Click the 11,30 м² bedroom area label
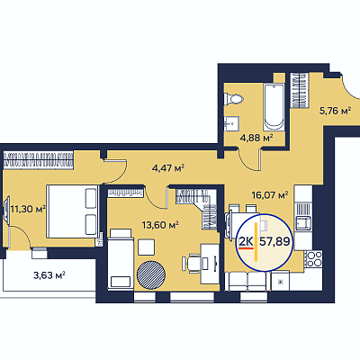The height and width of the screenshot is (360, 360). tap(28, 208)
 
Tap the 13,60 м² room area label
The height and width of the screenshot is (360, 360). tap(160, 224)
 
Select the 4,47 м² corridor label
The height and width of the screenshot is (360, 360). tap(168, 167)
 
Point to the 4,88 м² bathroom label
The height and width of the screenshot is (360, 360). tap(256, 139)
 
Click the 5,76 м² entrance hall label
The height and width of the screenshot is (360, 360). tap(335, 111)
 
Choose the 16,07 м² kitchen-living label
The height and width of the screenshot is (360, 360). tap(270, 195)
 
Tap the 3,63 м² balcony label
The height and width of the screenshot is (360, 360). tap(49, 274)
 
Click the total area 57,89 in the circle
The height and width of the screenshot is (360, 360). tap(274, 241)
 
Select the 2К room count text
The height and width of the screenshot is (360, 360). tap(246, 241)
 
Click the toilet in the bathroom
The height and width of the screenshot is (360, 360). tap(234, 99)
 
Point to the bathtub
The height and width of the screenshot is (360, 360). tap(274, 107)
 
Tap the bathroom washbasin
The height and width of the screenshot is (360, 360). tap(231, 123)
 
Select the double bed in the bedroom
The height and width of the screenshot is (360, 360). tap(72, 211)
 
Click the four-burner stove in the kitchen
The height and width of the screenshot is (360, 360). tap(313, 258)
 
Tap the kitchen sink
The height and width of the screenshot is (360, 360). tap(303, 222)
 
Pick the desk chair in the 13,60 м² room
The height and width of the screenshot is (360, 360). tap(194, 264)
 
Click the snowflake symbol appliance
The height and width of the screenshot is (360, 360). tap(281, 282)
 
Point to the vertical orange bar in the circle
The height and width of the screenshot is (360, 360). tap(256, 242)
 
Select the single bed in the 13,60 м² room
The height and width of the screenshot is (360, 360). tap(121, 258)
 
